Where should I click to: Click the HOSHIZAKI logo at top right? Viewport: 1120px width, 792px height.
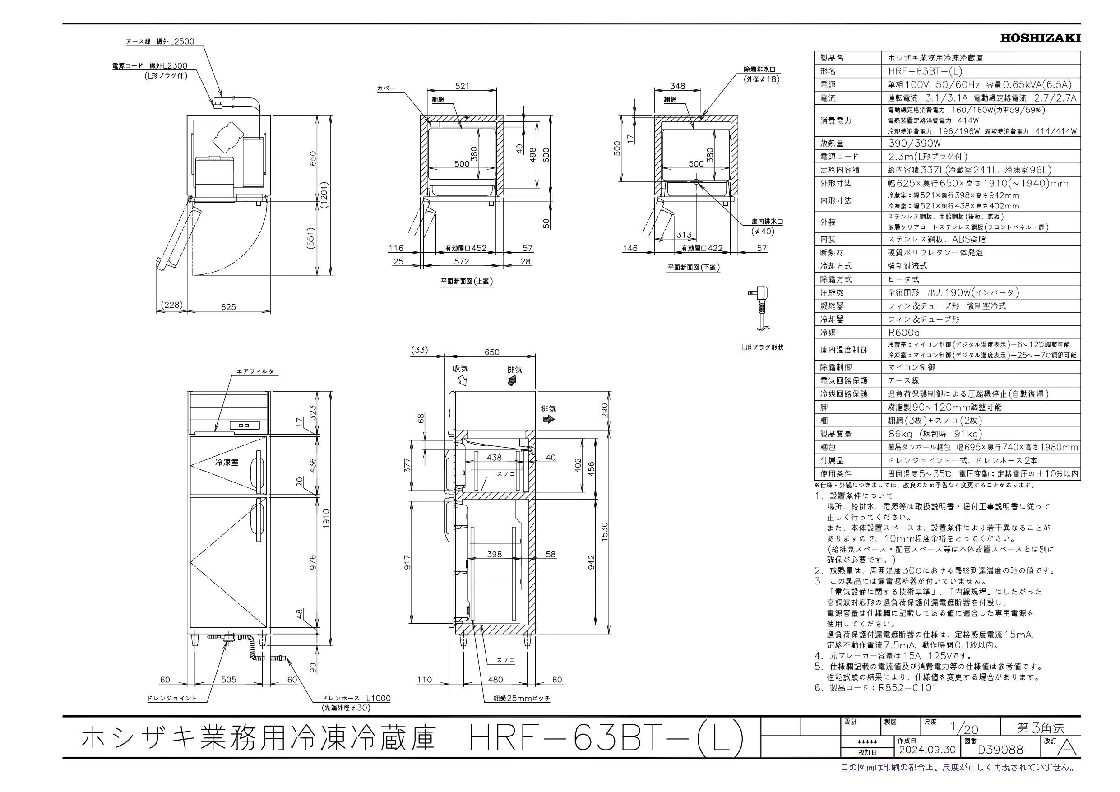click(1040, 38)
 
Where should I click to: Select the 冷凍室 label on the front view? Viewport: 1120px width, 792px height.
click(227, 462)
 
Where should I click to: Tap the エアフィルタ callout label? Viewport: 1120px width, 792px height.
click(255, 371)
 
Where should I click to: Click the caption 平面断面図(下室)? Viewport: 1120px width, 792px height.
click(694, 268)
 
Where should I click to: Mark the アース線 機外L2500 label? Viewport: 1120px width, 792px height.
click(160, 42)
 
